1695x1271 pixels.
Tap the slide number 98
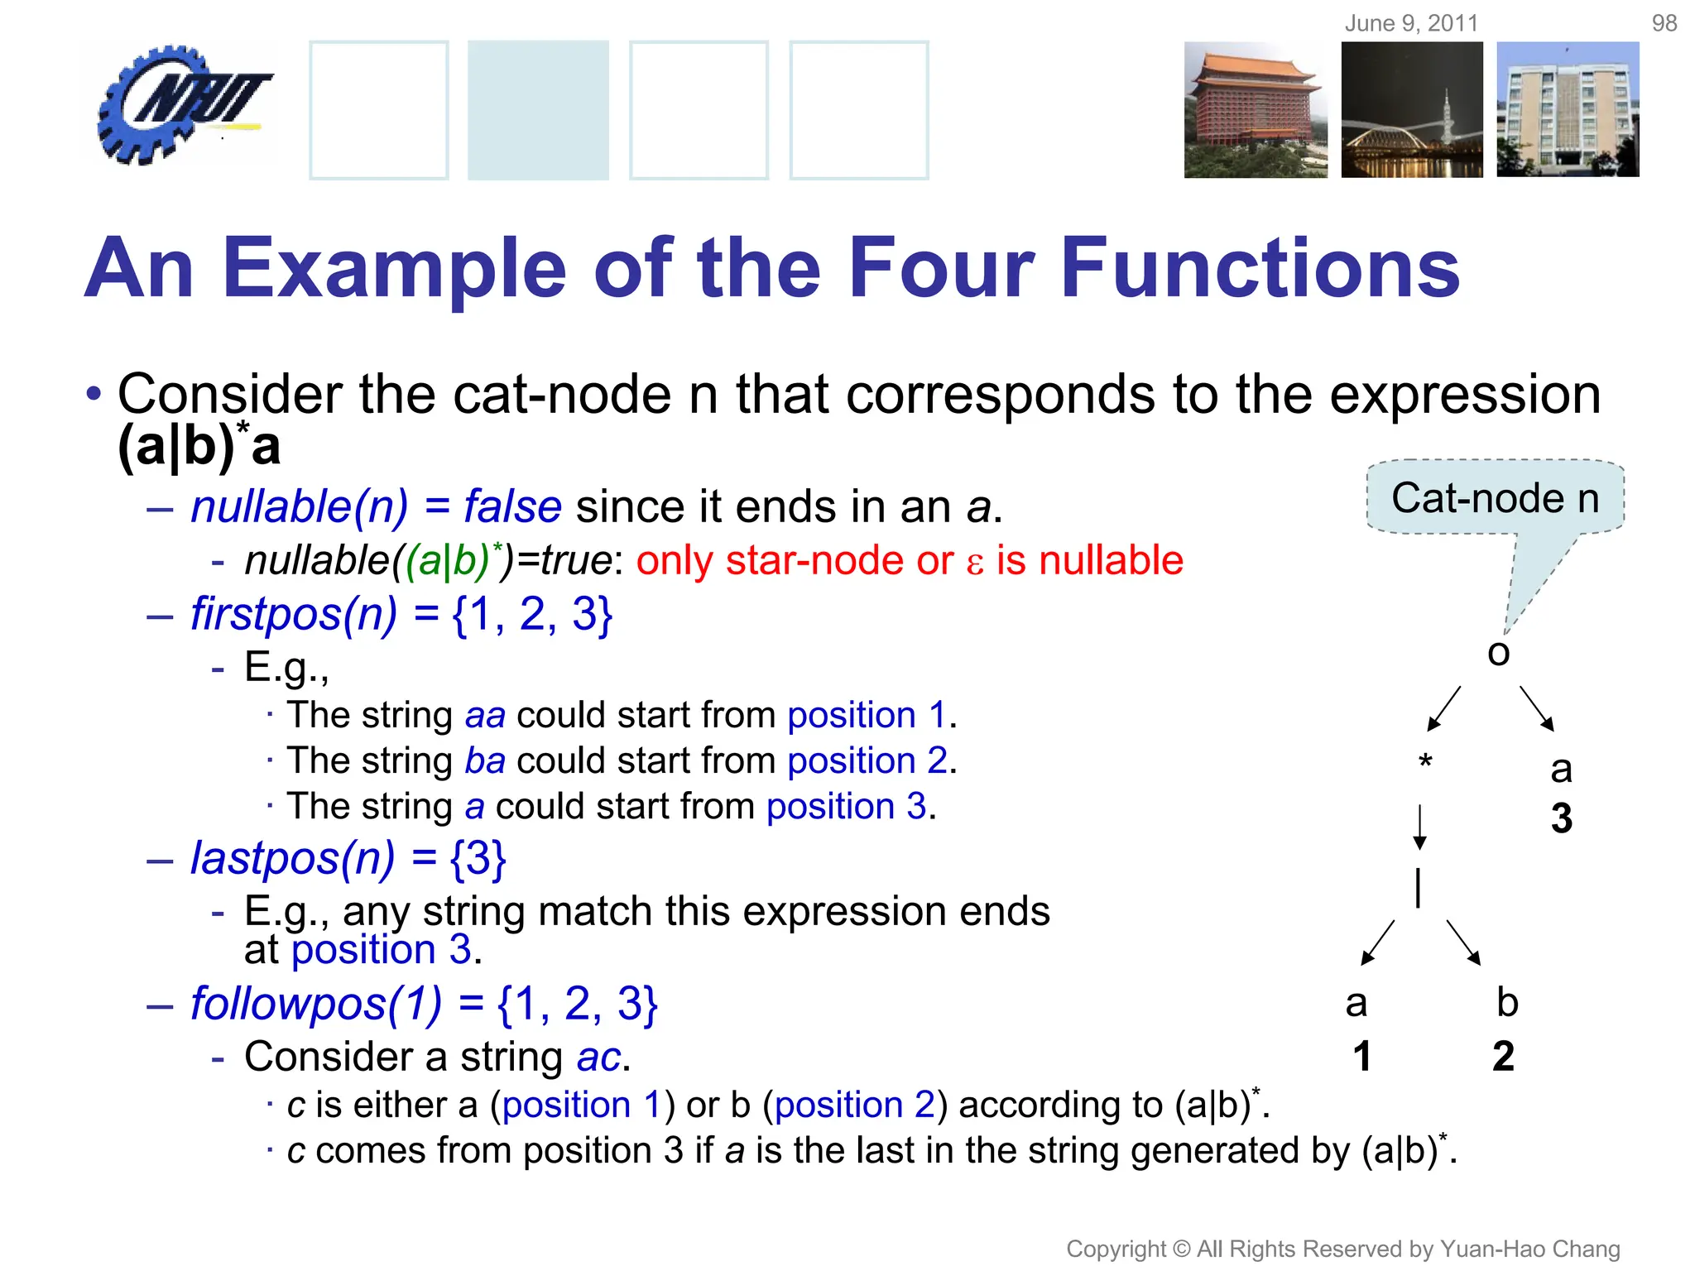click(1664, 23)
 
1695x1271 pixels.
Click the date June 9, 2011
click(1411, 23)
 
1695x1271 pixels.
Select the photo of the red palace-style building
click(1255, 110)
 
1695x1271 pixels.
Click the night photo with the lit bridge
click(1412, 110)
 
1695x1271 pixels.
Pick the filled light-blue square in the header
click(538, 110)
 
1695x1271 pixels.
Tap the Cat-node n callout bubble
click(1495, 498)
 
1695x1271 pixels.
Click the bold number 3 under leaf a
click(1561, 819)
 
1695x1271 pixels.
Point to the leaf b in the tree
click(1507, 1003)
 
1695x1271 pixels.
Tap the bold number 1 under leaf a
click(1362, 1057)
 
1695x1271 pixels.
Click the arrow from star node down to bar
click(1419, 827)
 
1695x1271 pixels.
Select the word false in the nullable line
click(512, 506)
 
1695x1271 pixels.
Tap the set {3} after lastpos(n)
click(478, 858)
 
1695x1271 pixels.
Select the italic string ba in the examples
click(485, 760)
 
